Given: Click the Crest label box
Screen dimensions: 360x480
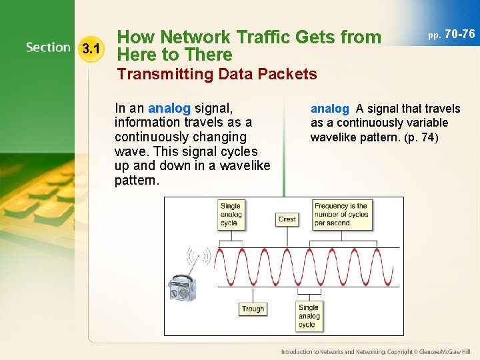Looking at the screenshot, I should coord(287,219).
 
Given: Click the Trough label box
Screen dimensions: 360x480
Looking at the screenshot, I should coord(253,309).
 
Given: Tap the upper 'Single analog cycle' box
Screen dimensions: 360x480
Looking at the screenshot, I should coord(230,215).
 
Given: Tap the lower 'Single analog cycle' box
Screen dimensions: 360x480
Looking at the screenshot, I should coord(309,316).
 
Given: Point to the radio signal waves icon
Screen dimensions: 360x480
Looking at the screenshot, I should coord(199,257).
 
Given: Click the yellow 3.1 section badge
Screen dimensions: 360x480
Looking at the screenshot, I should coord(90,48).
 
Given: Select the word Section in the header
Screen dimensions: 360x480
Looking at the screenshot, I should coord(48,47).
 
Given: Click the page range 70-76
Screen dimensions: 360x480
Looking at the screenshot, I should coord(459,33).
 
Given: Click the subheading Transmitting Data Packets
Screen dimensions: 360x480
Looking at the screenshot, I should coord(217,74).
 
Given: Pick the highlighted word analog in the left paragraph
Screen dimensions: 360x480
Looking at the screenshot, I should coord(169,108).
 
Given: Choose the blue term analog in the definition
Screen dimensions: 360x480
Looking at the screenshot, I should coord(329,108).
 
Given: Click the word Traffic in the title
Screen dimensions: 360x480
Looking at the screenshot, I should coord(265,37).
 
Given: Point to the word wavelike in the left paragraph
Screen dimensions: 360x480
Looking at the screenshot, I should coord(243,166).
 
